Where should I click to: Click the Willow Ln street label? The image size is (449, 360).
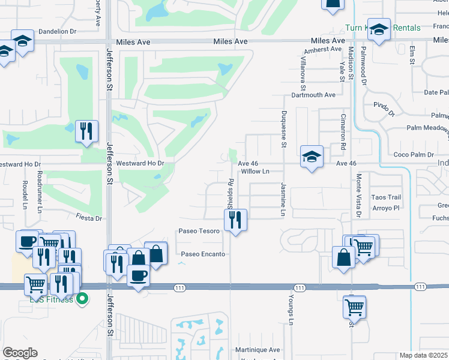[256, 171]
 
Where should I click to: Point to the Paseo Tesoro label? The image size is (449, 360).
[199, 231]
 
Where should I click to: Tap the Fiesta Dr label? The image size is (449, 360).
[89, 218]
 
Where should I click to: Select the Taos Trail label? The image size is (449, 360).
[386, 197]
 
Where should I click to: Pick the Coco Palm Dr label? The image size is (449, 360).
[414, 155]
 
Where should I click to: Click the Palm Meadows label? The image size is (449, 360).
[427, 128]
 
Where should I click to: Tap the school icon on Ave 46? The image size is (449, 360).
[312, 157]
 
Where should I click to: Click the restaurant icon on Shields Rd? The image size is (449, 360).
[235, 220]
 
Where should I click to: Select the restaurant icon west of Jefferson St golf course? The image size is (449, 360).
[86, 131]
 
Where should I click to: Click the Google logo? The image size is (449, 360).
[20, 353]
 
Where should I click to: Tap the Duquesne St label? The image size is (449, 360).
[284, 129]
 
